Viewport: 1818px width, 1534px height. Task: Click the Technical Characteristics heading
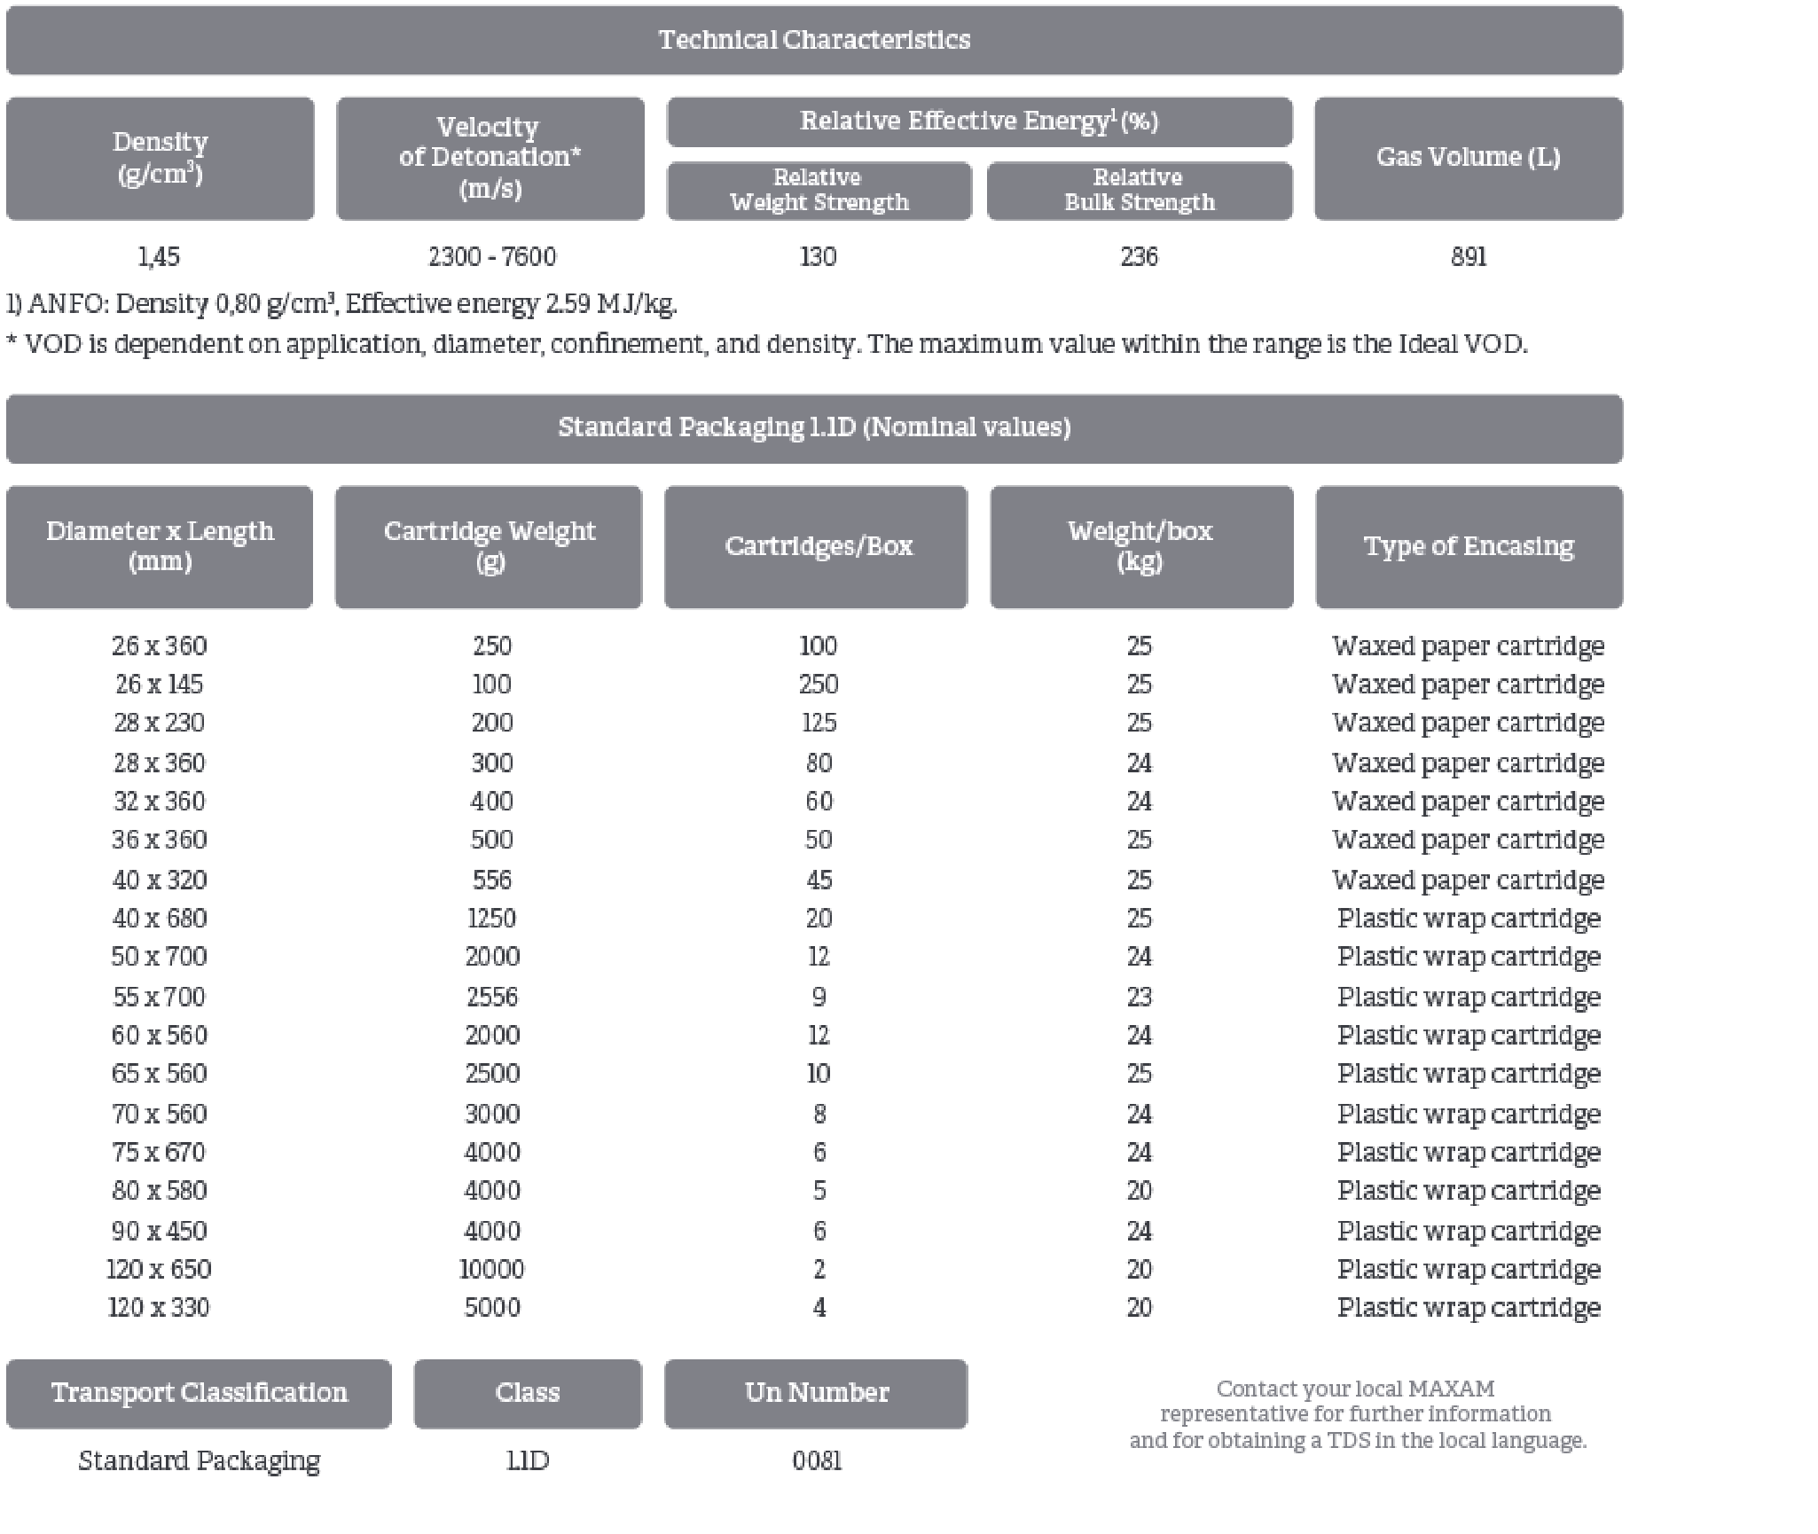coord(814,40)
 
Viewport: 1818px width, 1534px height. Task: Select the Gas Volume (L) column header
coord(1468,158)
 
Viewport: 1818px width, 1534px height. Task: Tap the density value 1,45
coord(159,257)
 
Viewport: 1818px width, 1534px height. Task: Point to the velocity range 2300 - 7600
coord(492,257)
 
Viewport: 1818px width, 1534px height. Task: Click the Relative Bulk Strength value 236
coord(1139,257)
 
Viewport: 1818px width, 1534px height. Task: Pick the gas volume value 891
coord(1468,257)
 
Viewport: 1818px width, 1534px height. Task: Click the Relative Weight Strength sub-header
coord(819,191)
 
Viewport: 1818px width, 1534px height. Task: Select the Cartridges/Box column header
coord(818,546)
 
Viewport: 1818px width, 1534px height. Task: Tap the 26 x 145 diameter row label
coord(159,685)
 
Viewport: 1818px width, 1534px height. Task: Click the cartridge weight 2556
coord(492,997)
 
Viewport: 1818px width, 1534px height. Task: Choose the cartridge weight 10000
coord(492,1270)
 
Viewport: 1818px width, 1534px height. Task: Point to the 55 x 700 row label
coord(159,997)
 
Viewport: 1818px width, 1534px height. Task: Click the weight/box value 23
coord(1139,997)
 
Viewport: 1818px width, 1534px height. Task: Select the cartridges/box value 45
coord(819,880)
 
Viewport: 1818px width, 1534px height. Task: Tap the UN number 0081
coord(817,1460)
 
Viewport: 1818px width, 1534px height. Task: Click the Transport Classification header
coord(199,1393)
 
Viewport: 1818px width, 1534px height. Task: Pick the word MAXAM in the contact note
coord(1451,1389)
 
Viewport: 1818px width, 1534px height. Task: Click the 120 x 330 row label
coord(159,1308)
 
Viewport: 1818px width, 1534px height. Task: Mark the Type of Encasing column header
coord(1469,546)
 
